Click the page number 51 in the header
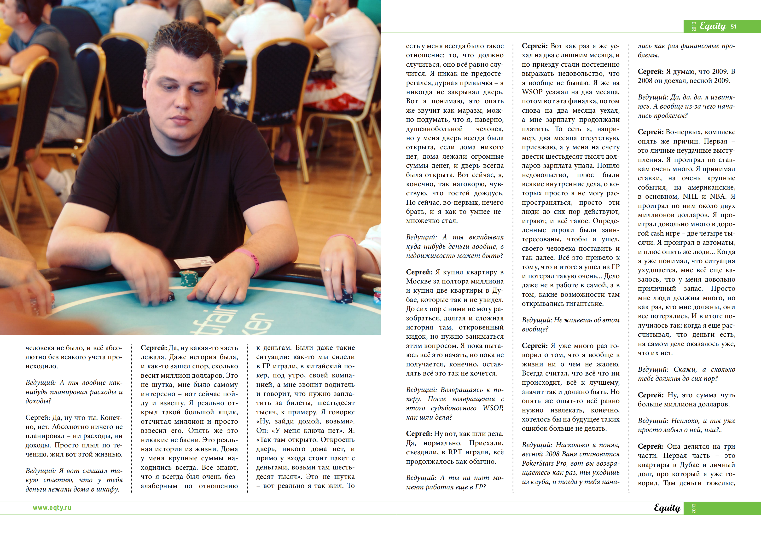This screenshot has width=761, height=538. point(733,27)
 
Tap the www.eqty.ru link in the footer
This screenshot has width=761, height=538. point(52,508)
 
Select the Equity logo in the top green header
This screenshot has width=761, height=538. point(713,26)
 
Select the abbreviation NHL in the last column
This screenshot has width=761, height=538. point(690,196)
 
